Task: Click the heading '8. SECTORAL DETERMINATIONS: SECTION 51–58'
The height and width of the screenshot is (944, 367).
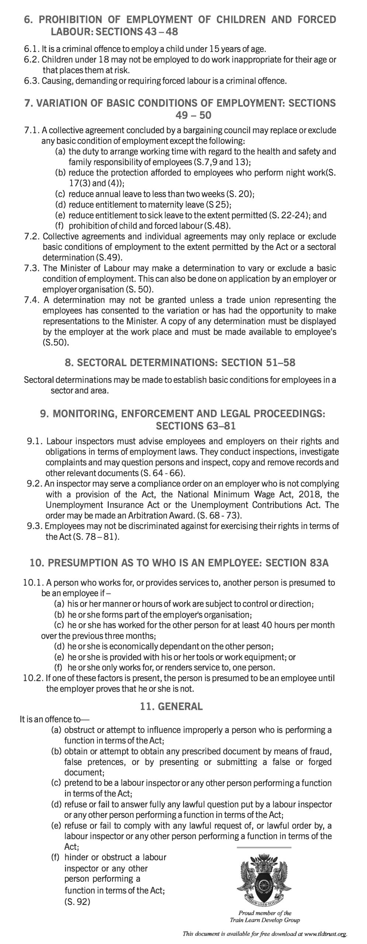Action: [x=180, y=362]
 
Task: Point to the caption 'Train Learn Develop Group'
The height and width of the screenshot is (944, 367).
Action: [x=264, y=920]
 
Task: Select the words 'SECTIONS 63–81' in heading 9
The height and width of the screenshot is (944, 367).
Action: [x=196, y=426]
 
